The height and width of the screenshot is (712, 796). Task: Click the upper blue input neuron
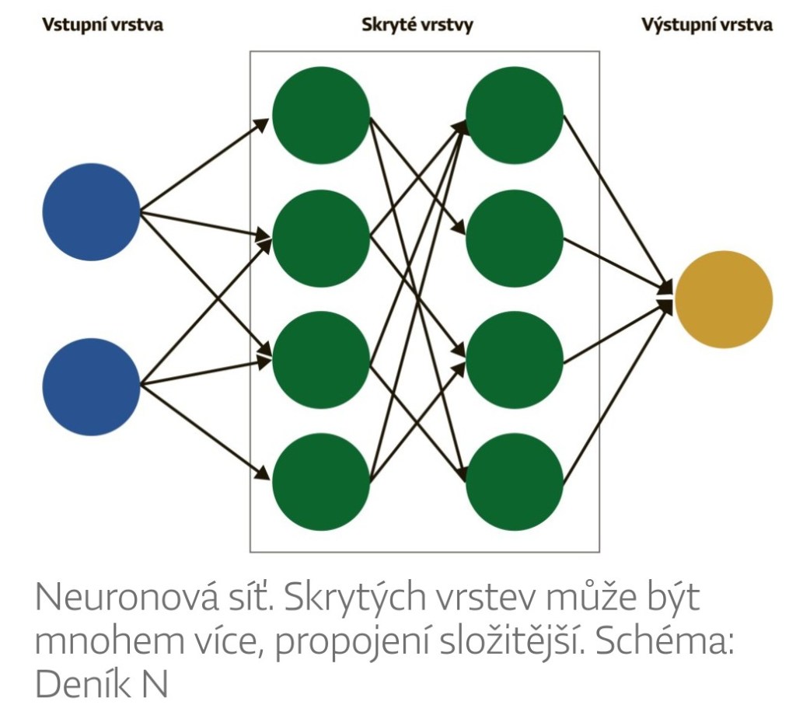click(x=91, y=211)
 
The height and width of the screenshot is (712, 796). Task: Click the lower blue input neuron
click(x=91, y=386)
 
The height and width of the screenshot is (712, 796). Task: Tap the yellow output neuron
click(x=723, y=299)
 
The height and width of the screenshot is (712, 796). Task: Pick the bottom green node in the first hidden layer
click(x=320, y=482)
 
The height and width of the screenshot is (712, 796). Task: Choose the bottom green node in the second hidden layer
click(x=515, y=482)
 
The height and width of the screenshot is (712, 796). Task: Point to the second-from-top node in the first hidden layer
click(x=320, y=237)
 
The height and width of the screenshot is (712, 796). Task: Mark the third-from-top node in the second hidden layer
click(x=515, y=360)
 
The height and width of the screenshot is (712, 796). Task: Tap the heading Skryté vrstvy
click(x=417, y=25)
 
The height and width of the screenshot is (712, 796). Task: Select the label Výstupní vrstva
click(x=707, y=25)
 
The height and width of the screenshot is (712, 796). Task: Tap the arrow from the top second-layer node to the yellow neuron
click(x=614, y=198)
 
